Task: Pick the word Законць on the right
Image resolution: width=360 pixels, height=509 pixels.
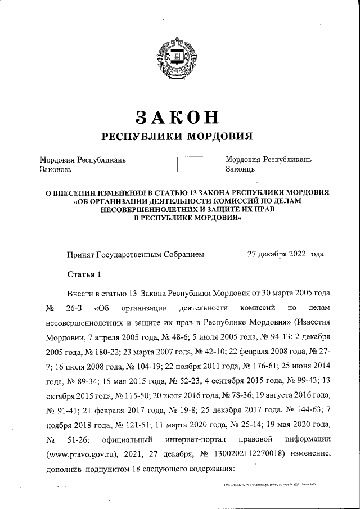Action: (241, 169)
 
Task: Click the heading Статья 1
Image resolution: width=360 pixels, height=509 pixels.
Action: (84, 275)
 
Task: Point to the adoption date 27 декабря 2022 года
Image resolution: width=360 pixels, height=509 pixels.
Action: (286, 254)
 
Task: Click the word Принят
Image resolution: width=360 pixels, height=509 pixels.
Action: (81, 254)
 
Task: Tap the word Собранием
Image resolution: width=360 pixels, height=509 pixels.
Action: (179, 254)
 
